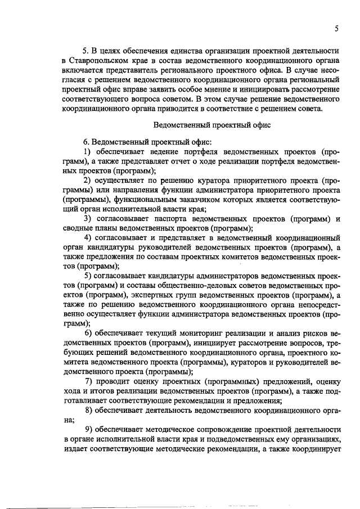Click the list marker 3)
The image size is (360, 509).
[x=88, y=218]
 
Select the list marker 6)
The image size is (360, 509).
[x=88, y=333]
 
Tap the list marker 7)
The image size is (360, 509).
[x=88, y=381]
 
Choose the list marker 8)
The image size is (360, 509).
[x=88, y=409]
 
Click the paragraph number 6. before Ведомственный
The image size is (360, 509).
[x=87, y=142]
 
